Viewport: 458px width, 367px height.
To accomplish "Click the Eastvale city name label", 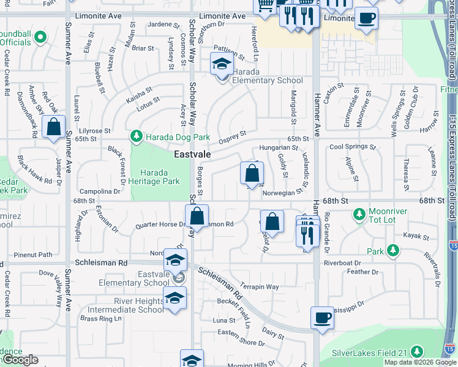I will coord(192,155).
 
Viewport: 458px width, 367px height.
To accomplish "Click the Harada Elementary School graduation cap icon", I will coord(222,63).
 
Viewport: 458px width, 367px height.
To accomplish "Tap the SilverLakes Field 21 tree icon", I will coord(417,352).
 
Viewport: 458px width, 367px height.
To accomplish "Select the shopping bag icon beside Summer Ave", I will coord(54,127).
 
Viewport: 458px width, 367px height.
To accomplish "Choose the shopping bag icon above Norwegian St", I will coord(252,174).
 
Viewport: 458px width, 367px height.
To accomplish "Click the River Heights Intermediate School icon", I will coord(175,298).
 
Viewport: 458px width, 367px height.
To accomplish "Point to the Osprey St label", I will coord(233,134).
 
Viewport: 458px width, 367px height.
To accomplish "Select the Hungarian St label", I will coord(278,147).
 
